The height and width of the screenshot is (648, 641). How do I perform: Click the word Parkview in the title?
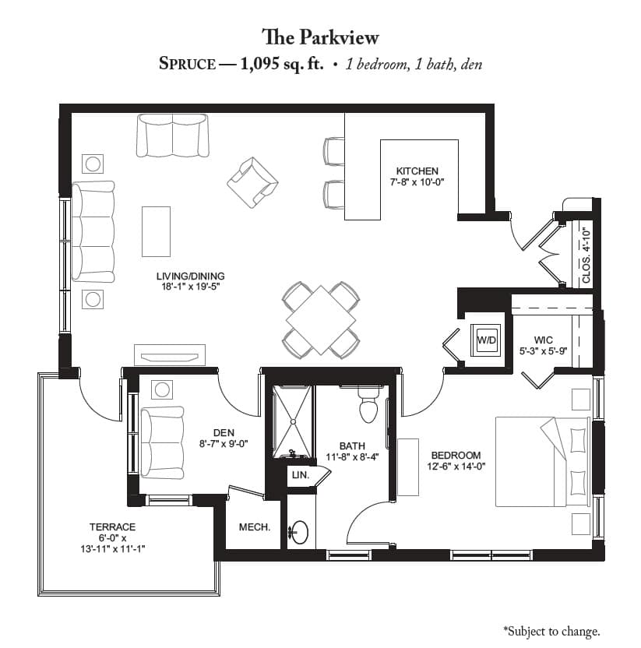(x=339, y=37)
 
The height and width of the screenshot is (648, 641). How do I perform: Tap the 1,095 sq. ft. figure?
(x=281, y=64)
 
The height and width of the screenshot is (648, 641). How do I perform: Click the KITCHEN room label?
(x=417, y=171)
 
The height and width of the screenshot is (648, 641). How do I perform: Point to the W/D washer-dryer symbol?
(x=487, y=340)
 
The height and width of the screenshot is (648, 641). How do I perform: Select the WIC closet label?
(x=543, y=340)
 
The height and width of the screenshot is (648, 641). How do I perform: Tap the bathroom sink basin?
(x=300, y=532)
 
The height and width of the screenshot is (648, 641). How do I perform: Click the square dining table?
(x=321, y=320)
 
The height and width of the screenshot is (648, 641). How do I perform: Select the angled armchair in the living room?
(x=252, y=182)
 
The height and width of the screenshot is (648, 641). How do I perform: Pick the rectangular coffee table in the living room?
(x=157, y=231)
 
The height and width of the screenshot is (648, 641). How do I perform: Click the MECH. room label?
(x=255, y=527)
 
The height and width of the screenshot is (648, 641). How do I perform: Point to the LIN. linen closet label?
(x=301, y=475)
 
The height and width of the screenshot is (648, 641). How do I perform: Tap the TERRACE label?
(x=112, y=527)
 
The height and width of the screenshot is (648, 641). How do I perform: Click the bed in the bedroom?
(x=543, y=462)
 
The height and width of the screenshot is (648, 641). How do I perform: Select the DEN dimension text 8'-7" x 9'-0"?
(x=224, y=444)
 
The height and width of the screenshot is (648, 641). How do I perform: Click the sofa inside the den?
(x=163, y=442)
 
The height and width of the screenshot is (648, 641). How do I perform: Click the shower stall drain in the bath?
(x=293, y=421)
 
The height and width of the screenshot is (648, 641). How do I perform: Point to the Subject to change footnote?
(x=552, y=631)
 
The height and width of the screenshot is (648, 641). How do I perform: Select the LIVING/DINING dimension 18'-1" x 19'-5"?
(x=191, y=287)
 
